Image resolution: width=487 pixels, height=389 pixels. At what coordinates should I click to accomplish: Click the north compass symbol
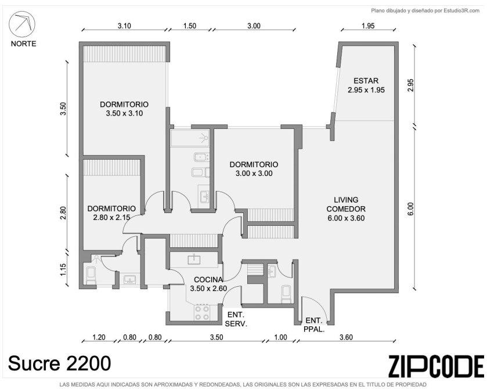click(x=21, y=25)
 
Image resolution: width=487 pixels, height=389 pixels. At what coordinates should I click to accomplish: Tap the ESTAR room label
click(x=366, y=85)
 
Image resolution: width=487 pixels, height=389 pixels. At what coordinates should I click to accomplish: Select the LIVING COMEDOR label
click(x=346, y=209)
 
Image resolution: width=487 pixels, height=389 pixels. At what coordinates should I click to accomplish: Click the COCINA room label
click(x=208, y=284)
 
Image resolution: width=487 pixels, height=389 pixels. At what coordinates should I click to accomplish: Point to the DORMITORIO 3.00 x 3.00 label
click(x=254, y=169)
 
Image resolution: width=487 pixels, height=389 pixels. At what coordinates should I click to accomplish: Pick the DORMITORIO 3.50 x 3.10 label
click(x=124, y=109)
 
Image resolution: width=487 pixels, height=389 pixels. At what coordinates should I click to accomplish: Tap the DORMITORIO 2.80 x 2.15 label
click(x=111, y=213)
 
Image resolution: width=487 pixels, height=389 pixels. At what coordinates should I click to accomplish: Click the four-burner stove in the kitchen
click(x=201, y=312)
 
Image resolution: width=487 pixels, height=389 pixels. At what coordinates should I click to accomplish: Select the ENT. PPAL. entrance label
click(x=313, y=325)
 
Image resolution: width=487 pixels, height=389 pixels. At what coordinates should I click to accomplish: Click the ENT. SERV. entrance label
click(x=236, y=319)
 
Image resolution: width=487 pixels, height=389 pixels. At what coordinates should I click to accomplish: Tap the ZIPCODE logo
click(x=436, y=366)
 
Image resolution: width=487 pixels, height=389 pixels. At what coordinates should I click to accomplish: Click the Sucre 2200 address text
click(x=59, y=363)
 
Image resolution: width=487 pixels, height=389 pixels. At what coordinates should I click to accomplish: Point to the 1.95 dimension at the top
click(x=368, y=26)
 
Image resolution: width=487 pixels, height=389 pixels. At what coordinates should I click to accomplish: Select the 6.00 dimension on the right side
click(x=410, y=208)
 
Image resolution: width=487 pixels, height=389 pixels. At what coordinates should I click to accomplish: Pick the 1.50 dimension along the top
click(x=189, y=26)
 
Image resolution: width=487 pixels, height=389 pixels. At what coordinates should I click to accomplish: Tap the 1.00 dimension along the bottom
click(x=280, y=337)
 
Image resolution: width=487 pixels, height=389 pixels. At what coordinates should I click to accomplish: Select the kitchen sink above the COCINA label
click(x=194, y=260)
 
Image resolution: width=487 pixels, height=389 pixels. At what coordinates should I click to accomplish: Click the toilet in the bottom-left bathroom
click(x=91, y=275)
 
